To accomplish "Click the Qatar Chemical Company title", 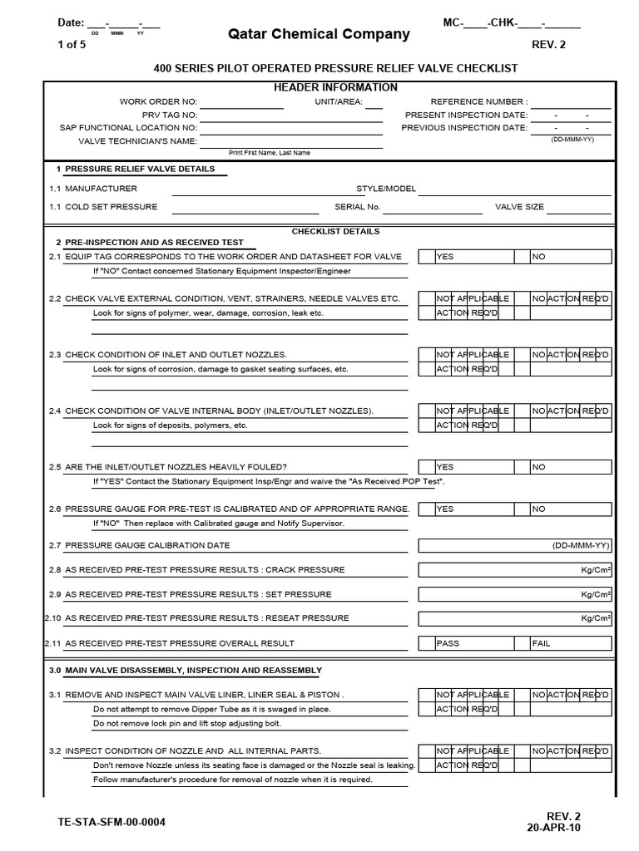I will pos(319,34).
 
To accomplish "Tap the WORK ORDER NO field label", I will pos(158,101).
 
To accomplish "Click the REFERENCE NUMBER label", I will pos(478,101).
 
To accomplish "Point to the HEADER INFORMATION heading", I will pos(335,87).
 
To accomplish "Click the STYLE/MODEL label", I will pos(386,189).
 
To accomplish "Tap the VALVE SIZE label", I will pos(519,207).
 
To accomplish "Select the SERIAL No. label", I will pos(357,207).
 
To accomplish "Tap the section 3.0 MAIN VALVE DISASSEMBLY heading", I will pos(185,670).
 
